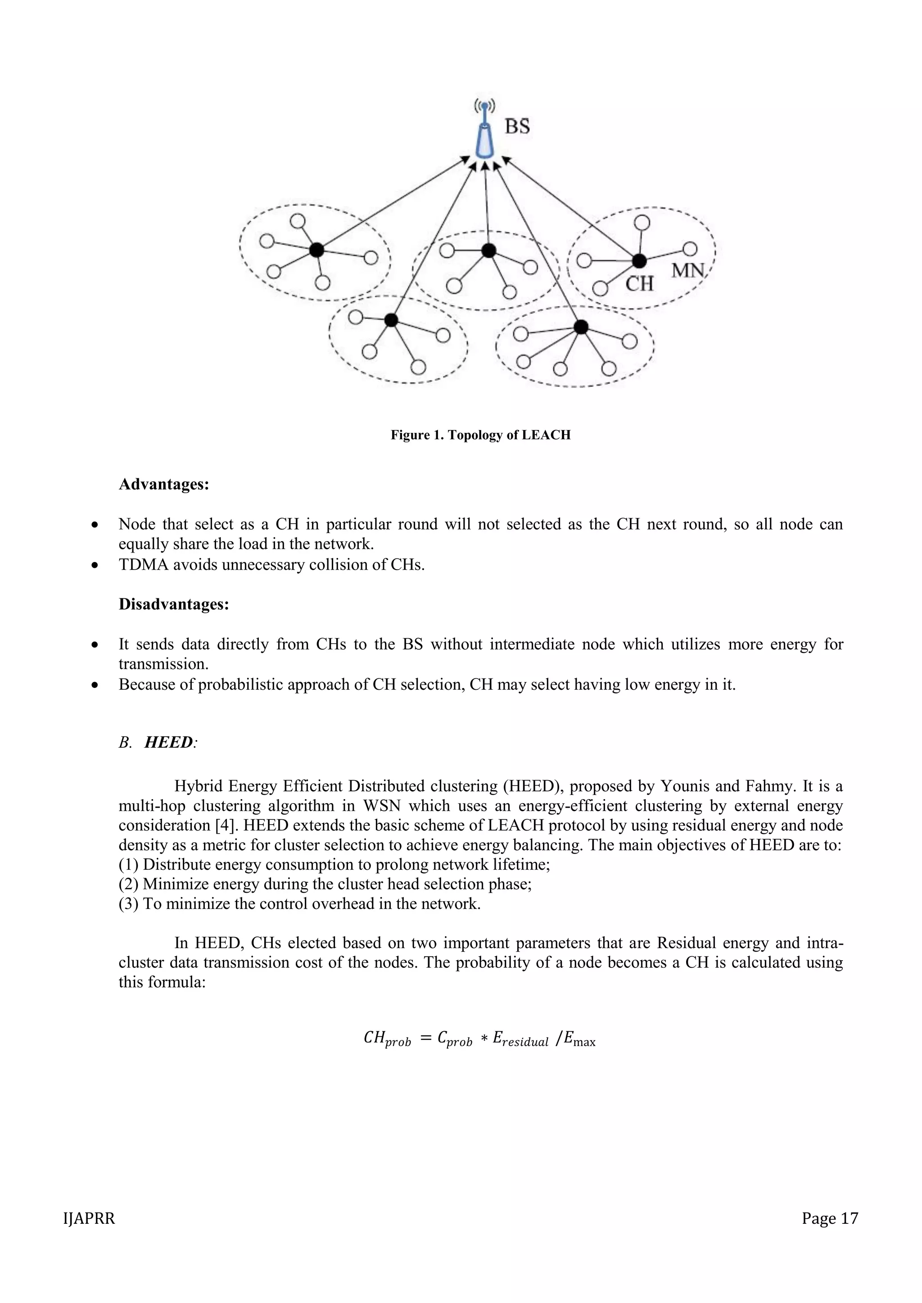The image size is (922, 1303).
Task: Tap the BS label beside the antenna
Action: (517, 126)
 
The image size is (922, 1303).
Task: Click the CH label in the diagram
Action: (639, 283)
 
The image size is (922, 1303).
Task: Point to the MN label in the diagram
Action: (688, 271)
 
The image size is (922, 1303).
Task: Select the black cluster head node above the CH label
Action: (639, 261)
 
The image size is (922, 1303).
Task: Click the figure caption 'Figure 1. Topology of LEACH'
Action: (480, 435)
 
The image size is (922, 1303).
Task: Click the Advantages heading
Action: (163, 485)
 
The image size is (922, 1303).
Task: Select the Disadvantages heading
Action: (174, 604)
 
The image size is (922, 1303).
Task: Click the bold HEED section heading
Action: (169, 742)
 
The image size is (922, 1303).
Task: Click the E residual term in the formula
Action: (520, 1040)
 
